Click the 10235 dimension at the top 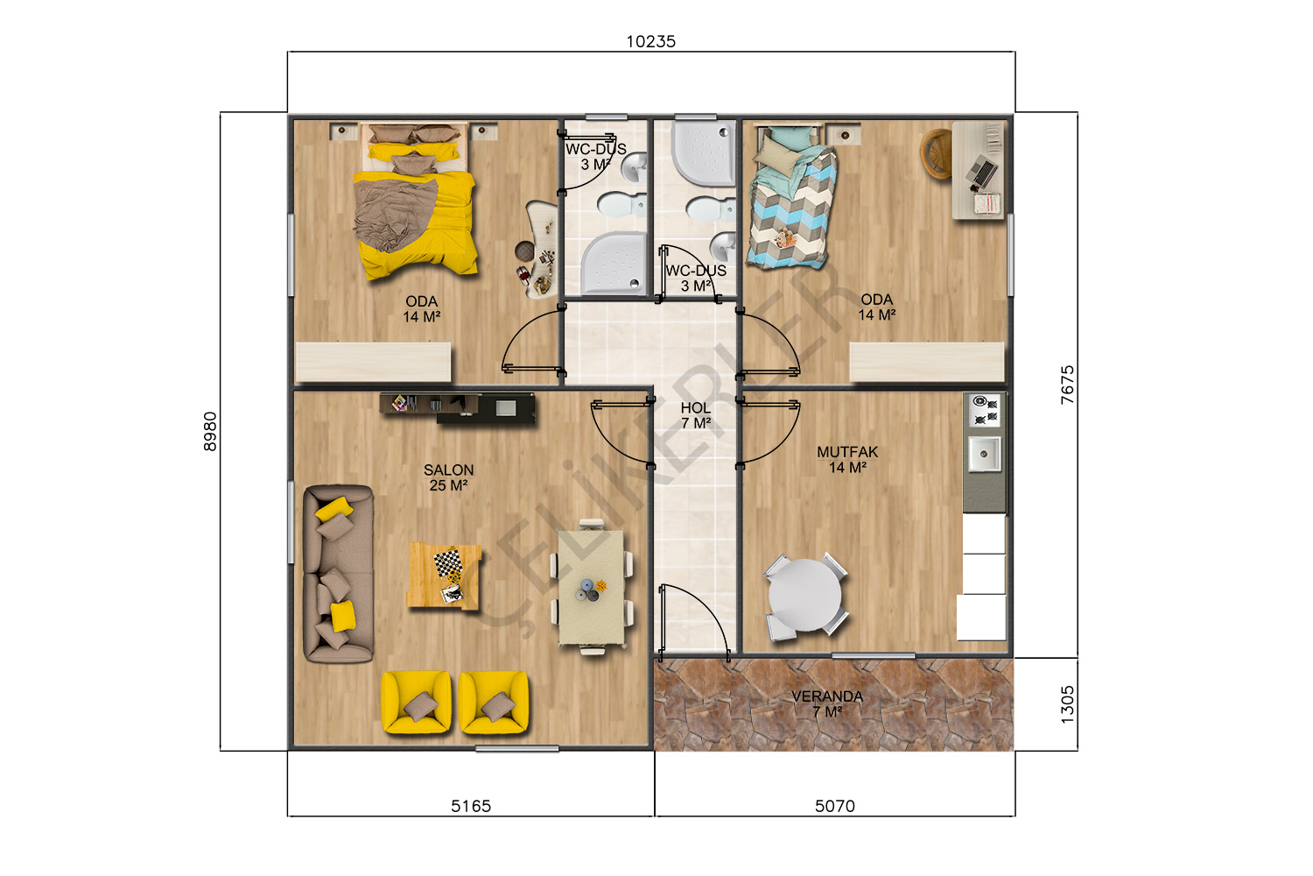click(x=650, y=42)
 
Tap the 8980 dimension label click(x=210, y=431)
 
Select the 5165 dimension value click(x=471, y=806)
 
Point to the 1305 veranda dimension click(x=1067, y=704)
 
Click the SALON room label click(x=448, y=470)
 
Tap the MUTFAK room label click(x=847, y=452)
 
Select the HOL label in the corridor click(x=696, y=408)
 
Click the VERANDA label click(x=827, y=696)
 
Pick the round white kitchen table click(x=804, y=595)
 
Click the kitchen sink click(x=984, y=454)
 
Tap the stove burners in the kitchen click(x=985, y=410)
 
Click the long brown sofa click(x=338, y=573)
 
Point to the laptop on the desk click(x=980, y=170)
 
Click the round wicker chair click(x=936, y=153)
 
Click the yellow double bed click(x=415, y=201)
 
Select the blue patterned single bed click(x=791, y=198)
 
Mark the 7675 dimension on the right click(x=1067, y=385)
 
